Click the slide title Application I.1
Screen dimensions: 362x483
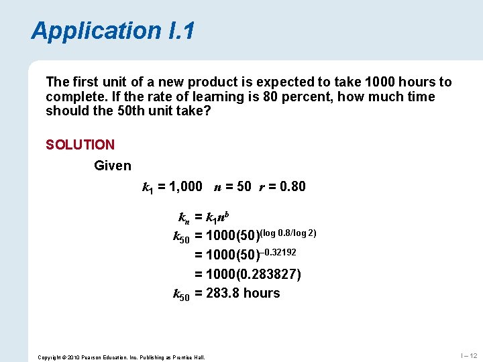point(113,31)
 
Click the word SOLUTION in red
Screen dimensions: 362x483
point(80,144)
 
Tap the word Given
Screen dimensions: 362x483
point(113,165)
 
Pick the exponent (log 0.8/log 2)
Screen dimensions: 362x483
point(288,233)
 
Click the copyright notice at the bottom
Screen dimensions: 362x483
point(121,356)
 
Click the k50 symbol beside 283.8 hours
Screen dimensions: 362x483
point(182,294)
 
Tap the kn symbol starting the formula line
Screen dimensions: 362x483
point(184,218)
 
